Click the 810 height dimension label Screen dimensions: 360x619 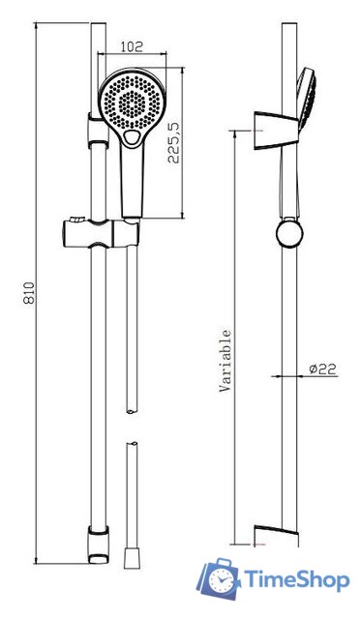pos(29,292)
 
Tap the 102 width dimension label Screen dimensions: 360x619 pos(132,47)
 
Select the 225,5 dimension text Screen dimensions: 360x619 pos(173,142)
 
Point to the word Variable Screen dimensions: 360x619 pos(225,361)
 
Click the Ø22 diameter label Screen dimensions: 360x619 pos(322,369)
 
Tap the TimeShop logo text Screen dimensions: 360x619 pos(296,580)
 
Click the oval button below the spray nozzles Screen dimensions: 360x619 pos(132,137)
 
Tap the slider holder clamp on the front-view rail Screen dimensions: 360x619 pos(102,233)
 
